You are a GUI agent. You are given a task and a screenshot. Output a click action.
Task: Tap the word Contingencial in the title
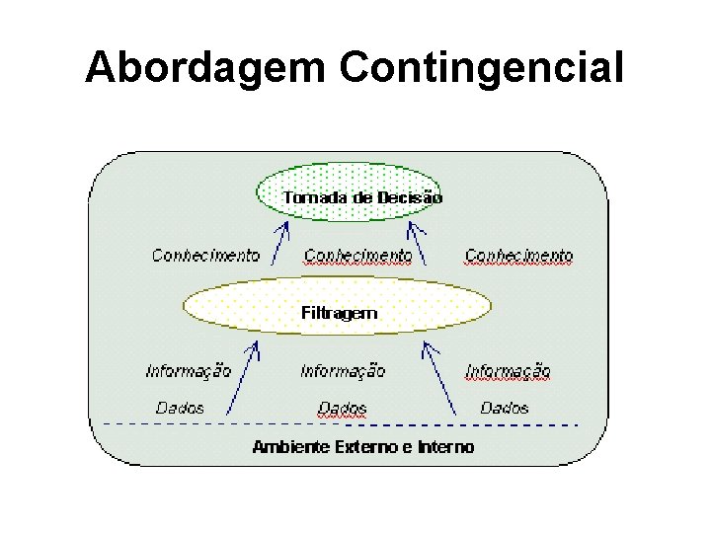[482, 69]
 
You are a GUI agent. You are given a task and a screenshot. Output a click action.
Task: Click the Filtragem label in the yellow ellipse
[339, 313]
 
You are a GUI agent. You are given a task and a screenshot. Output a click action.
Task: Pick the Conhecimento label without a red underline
[205, 256]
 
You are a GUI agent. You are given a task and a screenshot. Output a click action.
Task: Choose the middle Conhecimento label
[357, 256]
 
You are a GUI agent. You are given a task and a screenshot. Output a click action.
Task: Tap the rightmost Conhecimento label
[518, 256]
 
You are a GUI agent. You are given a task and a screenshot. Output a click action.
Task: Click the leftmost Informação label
[188, 371]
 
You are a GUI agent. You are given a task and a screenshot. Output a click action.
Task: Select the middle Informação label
[343, 371]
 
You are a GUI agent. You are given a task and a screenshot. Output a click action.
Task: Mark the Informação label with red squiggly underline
[508, 371]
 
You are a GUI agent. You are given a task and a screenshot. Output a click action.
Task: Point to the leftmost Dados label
[180, 407]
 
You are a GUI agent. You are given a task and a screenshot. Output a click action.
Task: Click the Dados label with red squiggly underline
[343, 408]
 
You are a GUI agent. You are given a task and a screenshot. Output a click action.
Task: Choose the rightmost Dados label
[504, 407]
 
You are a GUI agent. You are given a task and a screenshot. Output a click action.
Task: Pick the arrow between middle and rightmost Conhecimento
[419, 243]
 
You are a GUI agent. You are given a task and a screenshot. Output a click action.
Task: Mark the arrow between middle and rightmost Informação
[439, 376]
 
